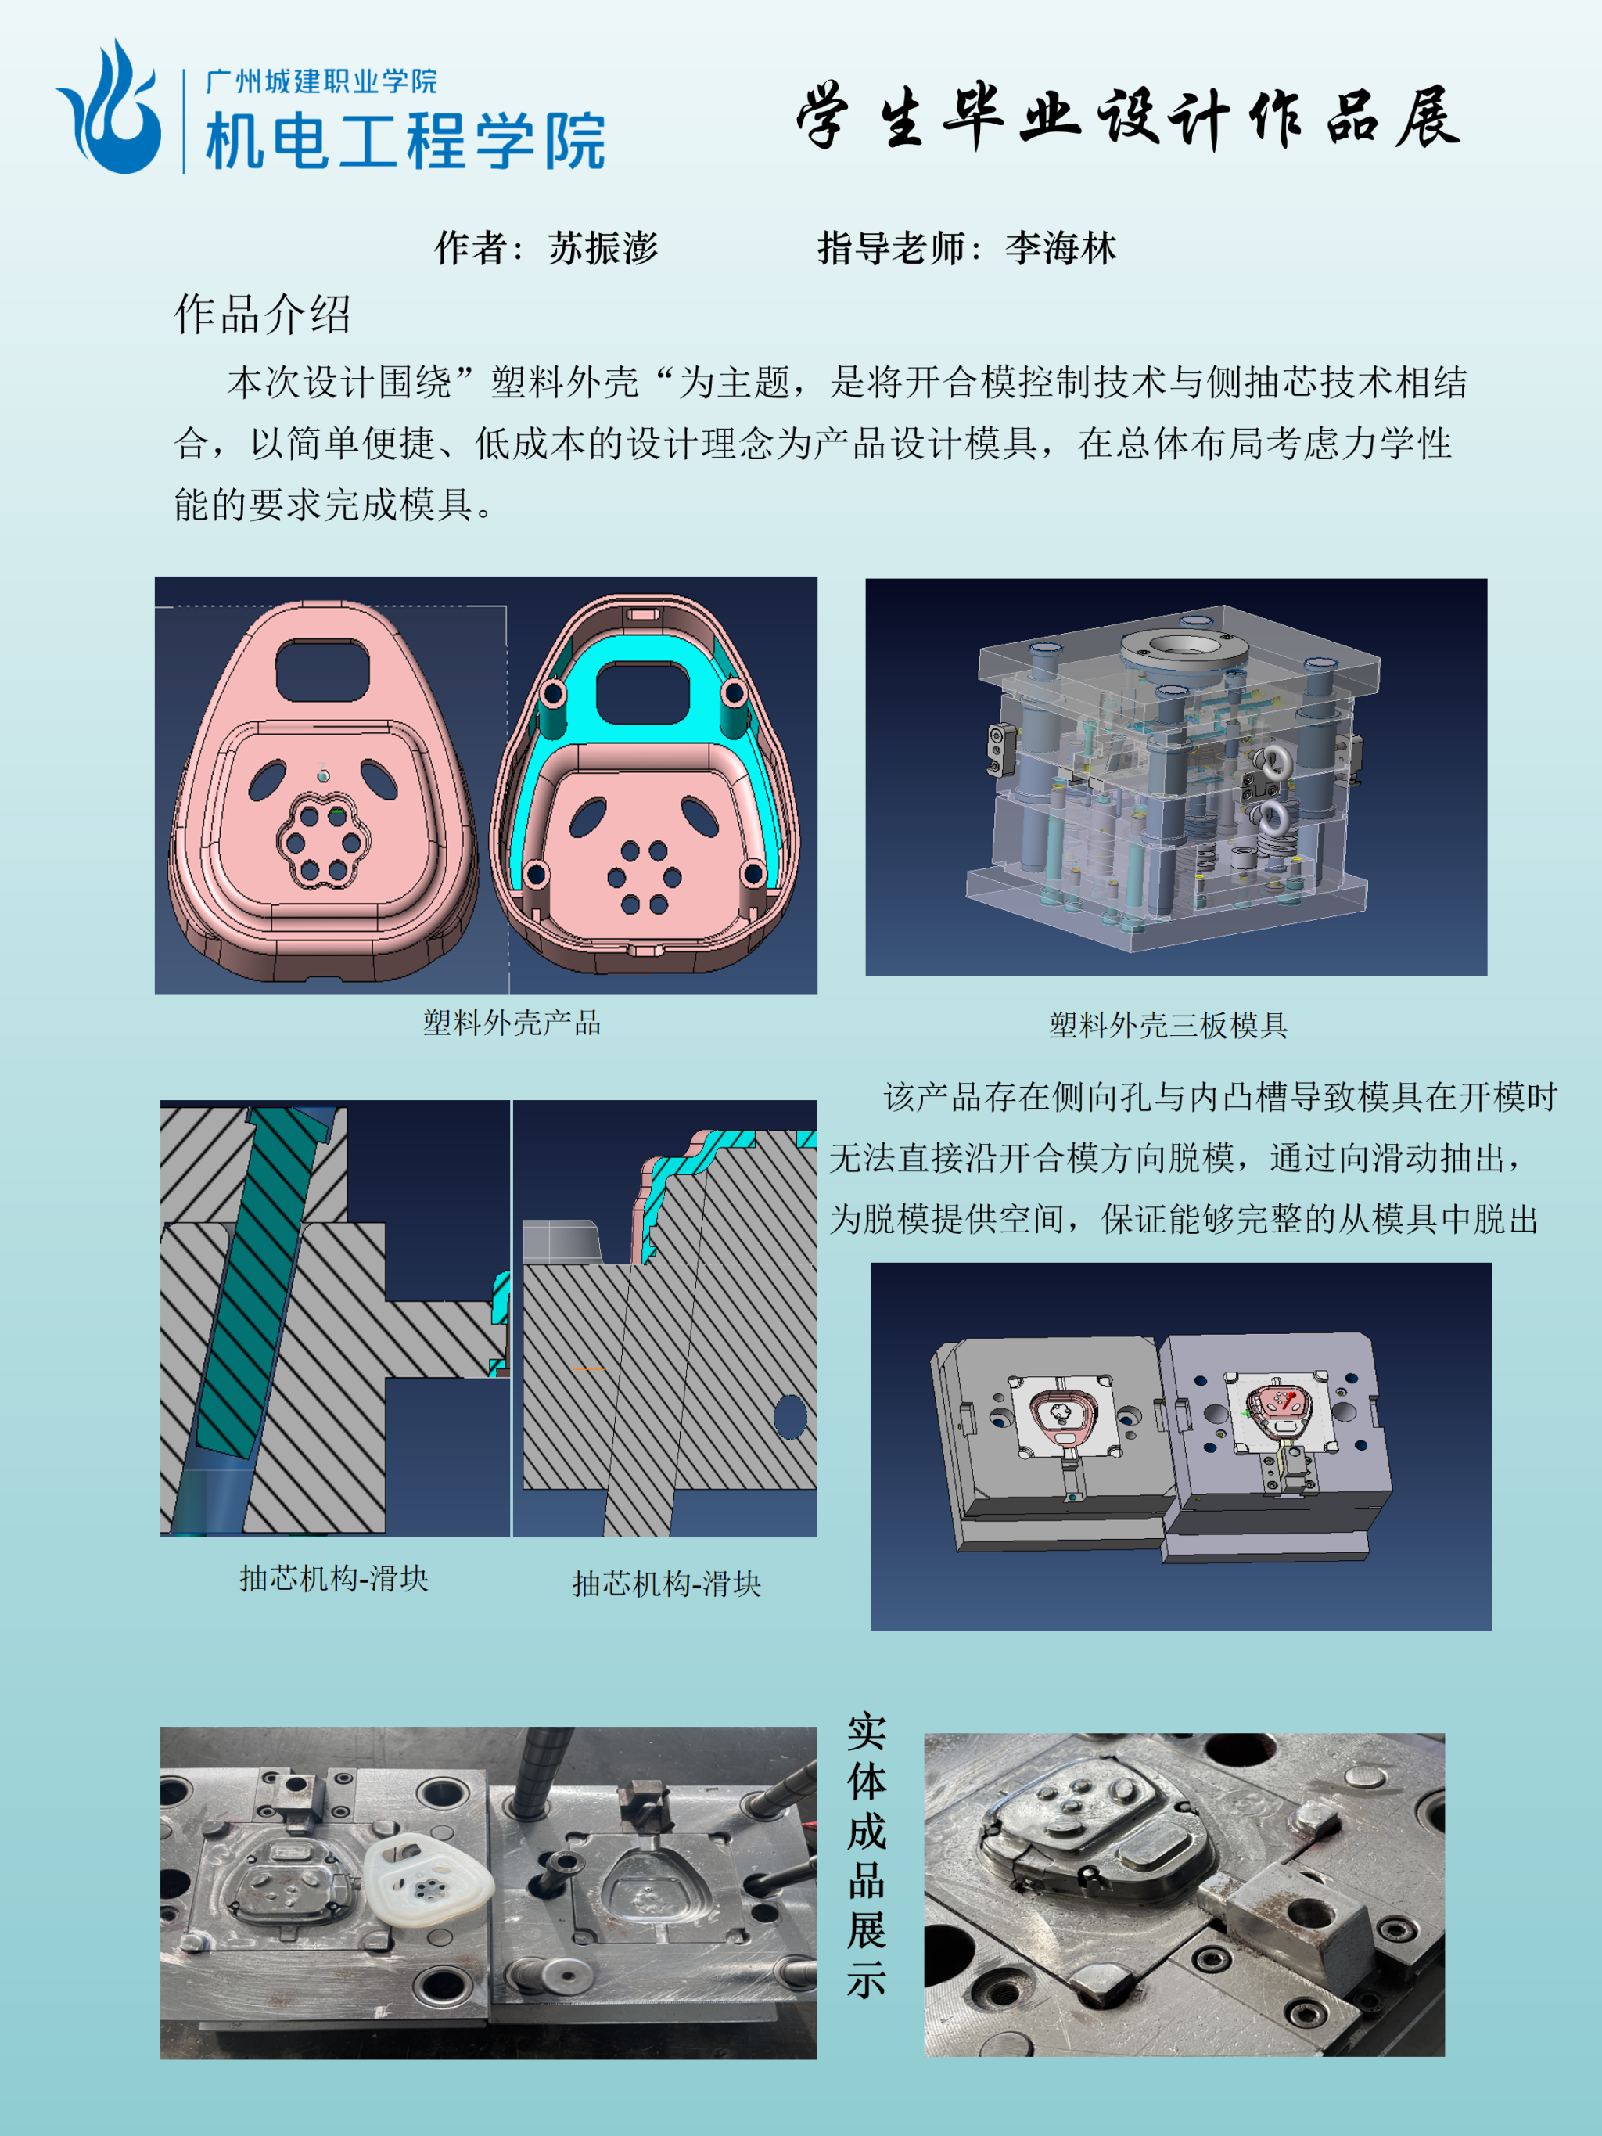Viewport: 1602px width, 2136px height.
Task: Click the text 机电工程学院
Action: [x=405, y=141]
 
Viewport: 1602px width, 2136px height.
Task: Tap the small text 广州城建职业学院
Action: [x=321, y=81]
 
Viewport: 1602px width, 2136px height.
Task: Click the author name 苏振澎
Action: [x=604, y=248]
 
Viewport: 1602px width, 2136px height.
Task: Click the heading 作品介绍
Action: [x=262, y=314]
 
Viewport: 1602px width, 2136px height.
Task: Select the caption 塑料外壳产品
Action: [x=512, y=1023]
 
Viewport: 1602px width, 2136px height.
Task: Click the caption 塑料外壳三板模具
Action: [x=1169, y=1024]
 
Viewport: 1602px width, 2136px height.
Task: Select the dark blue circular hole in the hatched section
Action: [x=790, y=1417]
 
